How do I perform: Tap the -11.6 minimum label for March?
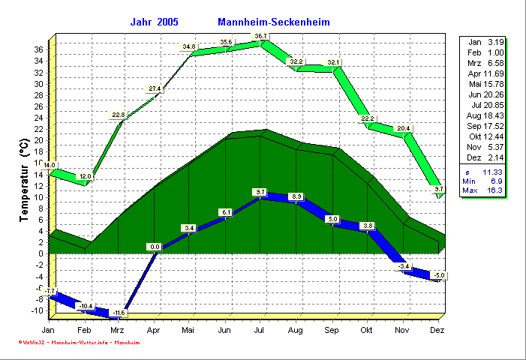point(119,312)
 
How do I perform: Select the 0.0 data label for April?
point(155,246)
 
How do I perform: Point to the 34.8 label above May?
point(189,46)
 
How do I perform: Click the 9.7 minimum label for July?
point(261,193)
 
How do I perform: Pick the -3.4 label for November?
point(404,267)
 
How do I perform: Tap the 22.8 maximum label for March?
point(119,115)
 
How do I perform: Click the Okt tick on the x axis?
point(366,330)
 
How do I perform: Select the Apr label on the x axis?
point(154,330)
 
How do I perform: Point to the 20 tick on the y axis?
point(38,140)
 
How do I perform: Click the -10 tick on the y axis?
point(36,310)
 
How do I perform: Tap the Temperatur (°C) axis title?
point(24,182)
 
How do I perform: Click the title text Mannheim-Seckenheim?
point(273,22)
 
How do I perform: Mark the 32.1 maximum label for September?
point(334,62)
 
